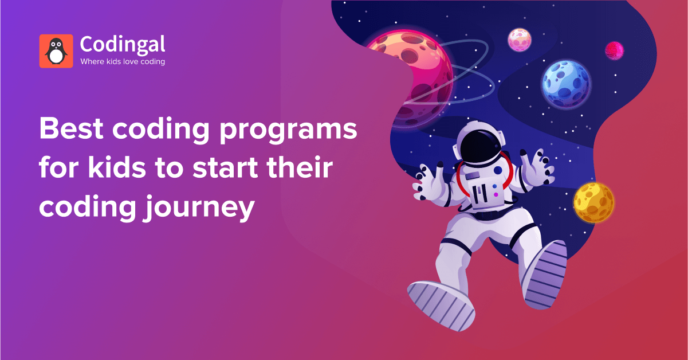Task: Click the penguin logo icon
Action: click(56, 51)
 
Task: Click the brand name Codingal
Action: click(123, 45)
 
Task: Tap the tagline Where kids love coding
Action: click(123, 62)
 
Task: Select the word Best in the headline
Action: click(71, 128)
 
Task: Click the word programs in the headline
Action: click(288, 131)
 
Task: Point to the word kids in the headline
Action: click(117, 167)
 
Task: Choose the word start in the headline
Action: click(226, 168)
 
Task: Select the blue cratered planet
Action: click(566, 84)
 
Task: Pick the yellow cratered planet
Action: click(593, 202)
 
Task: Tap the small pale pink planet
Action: click(520, 40)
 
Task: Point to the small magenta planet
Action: click(614, 50)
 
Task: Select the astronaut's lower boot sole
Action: click(441, 306)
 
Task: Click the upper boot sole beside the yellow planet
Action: click(545, 275)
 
